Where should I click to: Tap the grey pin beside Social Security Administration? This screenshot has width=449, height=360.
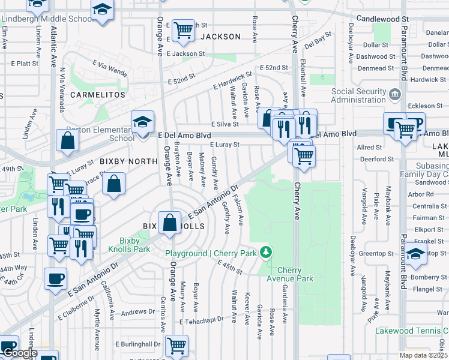[395, 94]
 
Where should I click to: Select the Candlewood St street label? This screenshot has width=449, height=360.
[382, 19]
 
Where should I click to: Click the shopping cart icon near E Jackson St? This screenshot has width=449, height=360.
[183, 29]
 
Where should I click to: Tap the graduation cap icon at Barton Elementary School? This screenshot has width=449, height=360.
[142, 122]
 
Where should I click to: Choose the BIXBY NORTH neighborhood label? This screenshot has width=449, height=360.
[128, 161]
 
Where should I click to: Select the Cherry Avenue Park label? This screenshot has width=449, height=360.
[295, 275]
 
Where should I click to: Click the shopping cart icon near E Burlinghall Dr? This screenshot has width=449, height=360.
[176, 345]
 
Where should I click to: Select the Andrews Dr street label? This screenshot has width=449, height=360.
[137, 312]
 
